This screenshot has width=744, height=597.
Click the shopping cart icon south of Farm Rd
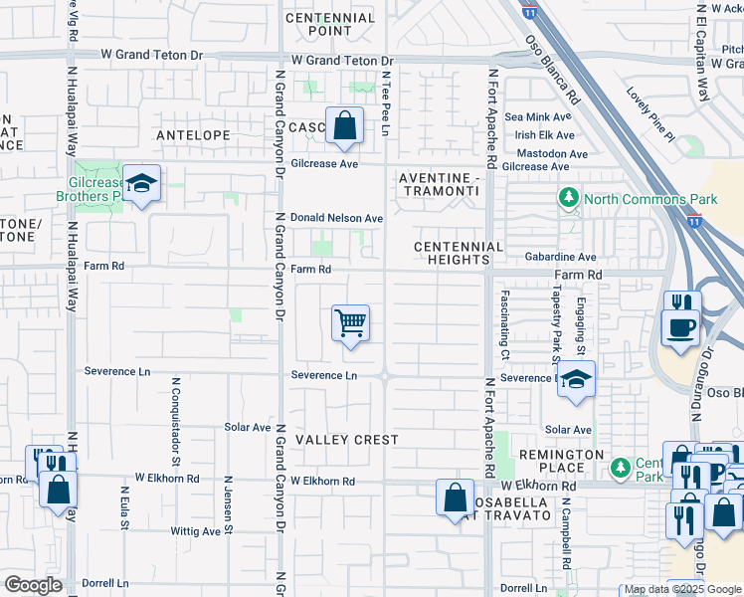click(x=350, y=323)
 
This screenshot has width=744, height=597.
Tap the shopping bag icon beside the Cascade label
click(x=344, y=126)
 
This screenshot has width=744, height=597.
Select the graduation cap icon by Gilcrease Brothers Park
click(x=142, y=184)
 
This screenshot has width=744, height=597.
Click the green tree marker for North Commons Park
click(x=568, y=199)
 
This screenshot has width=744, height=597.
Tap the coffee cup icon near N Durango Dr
click(x=681, y=327)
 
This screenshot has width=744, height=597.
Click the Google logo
click(x=34, y=585)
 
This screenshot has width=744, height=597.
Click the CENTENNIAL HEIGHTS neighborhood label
click(x=459, y=254)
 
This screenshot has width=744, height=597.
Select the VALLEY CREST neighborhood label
click(x=346, y=440)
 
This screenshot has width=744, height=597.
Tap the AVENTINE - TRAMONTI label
click(x=439, y=185)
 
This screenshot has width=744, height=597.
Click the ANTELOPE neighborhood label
click(x=192, y=134)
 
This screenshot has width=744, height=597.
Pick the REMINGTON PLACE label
click(x=561, y=462)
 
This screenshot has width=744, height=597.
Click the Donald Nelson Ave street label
click(x=336, y=218)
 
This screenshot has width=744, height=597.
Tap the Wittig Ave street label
click(x=195, y=531)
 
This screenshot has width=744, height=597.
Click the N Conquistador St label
click(x=176, y=421)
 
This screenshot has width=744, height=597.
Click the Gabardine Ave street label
click(x=560, y=257)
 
